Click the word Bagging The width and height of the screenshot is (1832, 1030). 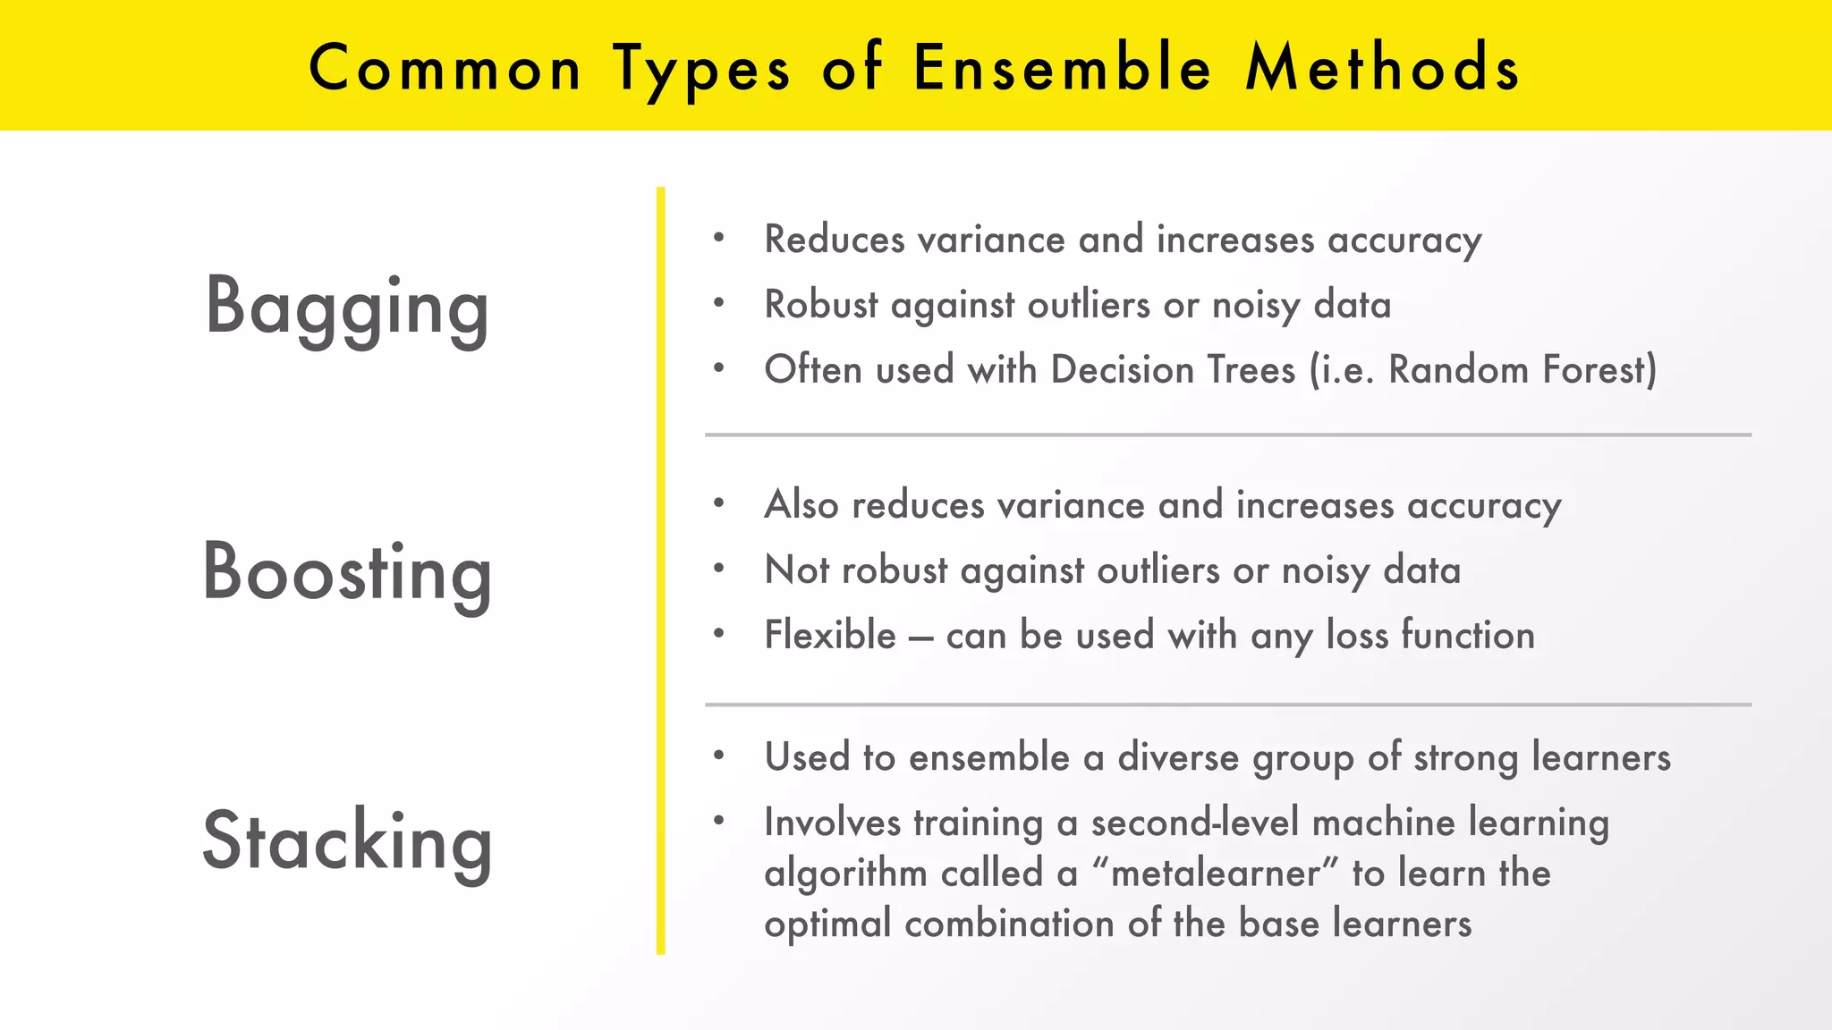[x=347, y=307]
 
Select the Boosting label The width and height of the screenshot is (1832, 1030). [x=347, y=572]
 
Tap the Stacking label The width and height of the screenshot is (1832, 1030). [x=347, y=840]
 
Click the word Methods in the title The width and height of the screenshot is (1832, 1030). [x=1382, y=68]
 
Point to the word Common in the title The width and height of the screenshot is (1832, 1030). [x=445, y=68]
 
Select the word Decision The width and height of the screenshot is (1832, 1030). [x=1122, y=369]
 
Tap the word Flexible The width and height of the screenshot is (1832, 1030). [x=829, y=635]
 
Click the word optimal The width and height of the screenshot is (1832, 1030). [x=827, y=924]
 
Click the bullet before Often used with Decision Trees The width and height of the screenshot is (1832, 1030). [x=718, y=367]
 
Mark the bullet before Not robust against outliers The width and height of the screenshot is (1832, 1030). [x=718, y=568]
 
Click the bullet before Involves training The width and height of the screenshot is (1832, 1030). [x=718, y=820]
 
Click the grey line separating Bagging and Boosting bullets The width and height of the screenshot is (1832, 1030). [x=1227, y=435]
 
